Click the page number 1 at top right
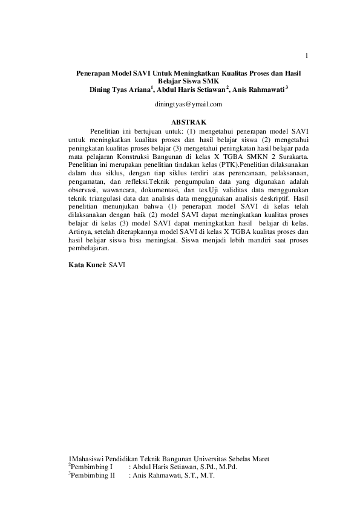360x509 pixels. click(307, 57)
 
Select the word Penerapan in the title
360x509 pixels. click(92, 73)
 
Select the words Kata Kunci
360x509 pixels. click(86, 265)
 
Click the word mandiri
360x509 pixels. click(246, 241)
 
